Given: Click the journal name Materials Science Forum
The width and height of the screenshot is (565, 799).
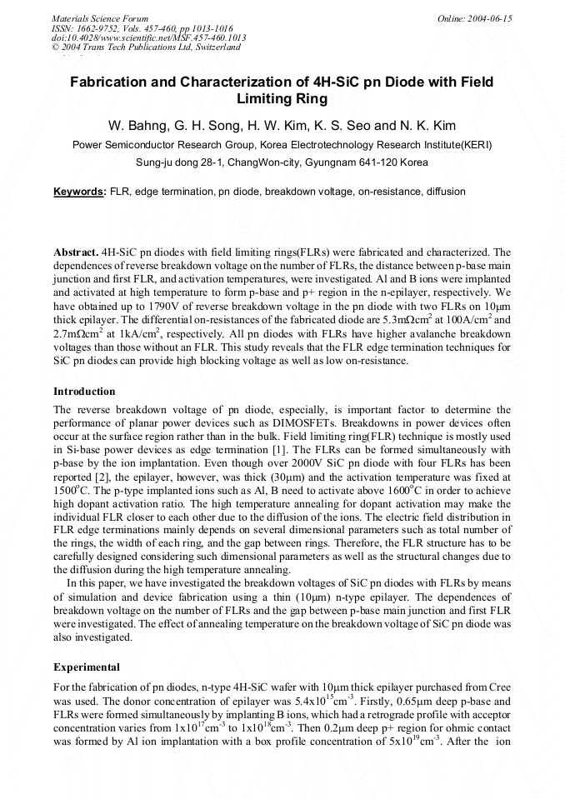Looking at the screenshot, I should (x=100, y=18).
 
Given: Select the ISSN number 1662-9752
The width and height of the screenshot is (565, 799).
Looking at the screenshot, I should (x=95, y=28).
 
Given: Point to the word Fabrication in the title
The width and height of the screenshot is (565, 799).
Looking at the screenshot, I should (x=110, y=82).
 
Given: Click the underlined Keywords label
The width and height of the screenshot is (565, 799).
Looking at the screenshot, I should (x=80, y=192).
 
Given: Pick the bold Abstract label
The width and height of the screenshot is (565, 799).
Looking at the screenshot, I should (x=76, y=251).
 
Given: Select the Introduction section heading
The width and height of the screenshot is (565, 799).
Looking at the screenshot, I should (x=84, y=392).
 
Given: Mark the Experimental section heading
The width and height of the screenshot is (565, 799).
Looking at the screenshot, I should (x=87, y=667).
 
